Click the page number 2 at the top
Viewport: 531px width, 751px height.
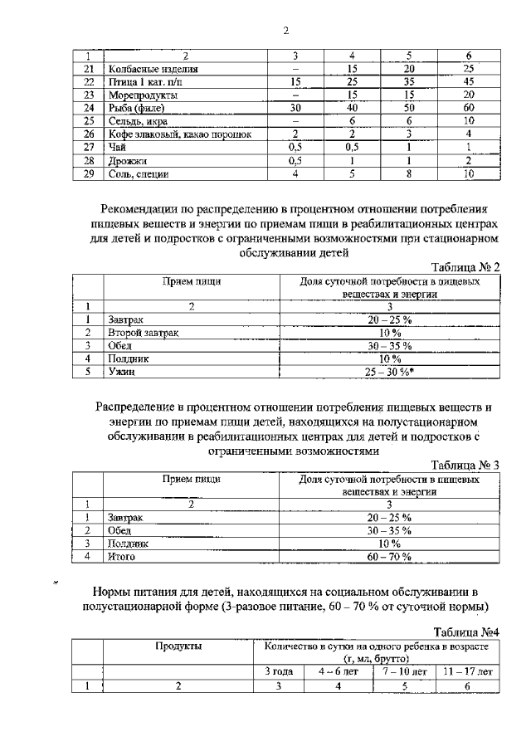(x=285, y=32)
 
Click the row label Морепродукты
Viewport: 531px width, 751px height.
(x=138, y=95)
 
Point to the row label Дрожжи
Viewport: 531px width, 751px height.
(x=127, y=161)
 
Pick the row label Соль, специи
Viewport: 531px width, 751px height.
(x=138, y=174)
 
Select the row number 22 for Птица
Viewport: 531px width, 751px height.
(x=90, y=82)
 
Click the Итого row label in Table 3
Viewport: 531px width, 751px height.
(x=121, y=557)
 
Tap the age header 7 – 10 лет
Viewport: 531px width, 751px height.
(x=407, y=671)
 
